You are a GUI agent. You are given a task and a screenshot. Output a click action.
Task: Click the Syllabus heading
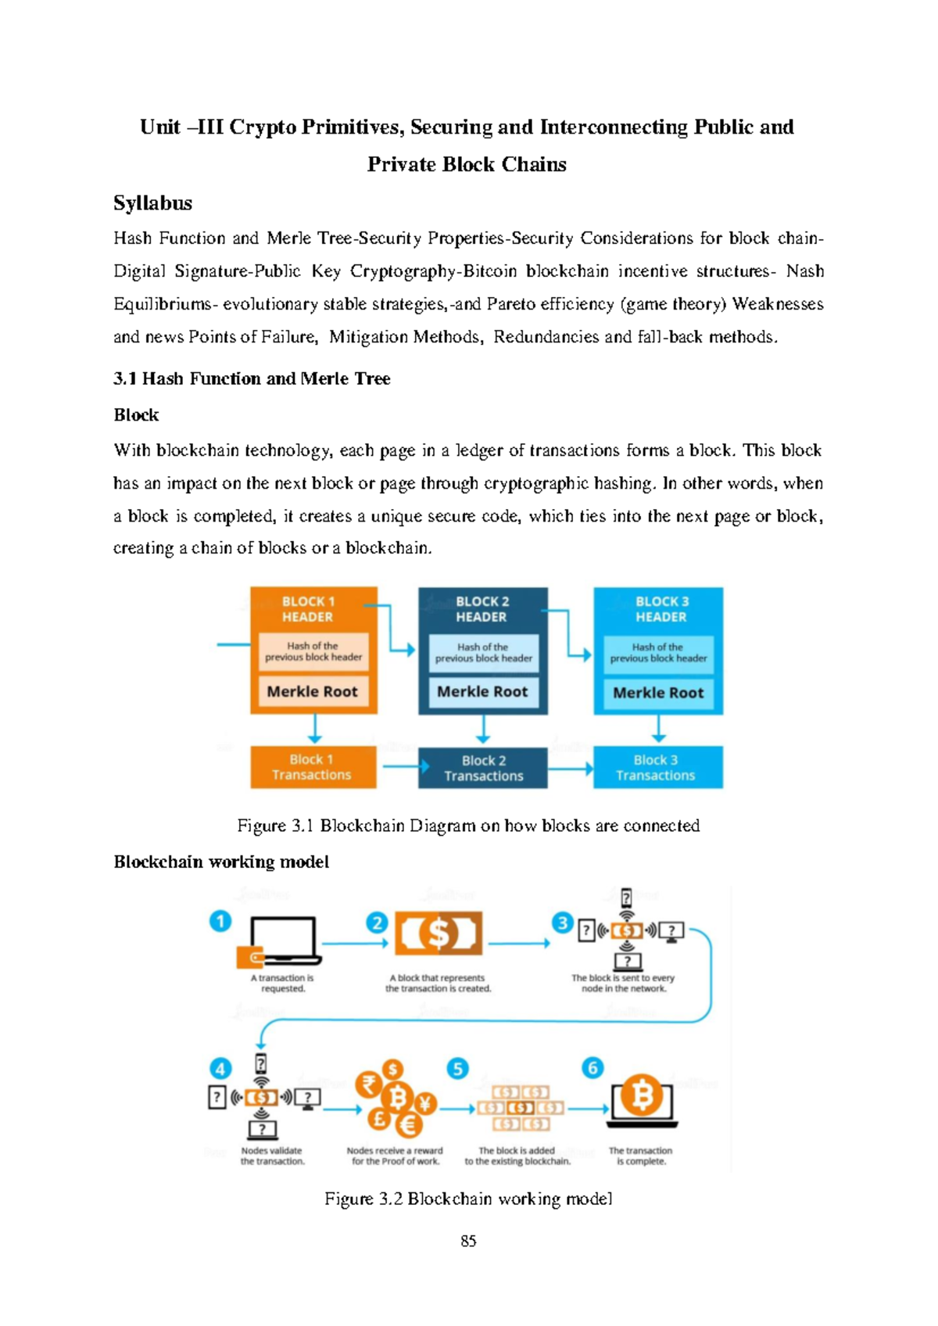point(152,203)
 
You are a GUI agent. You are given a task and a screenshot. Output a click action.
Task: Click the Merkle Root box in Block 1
point(313,692)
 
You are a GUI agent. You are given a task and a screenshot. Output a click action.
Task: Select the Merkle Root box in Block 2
point(482,692)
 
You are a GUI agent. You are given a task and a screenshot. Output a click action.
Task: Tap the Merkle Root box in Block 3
point(658,693)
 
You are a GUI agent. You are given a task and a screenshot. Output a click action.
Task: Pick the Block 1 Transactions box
point(312,767)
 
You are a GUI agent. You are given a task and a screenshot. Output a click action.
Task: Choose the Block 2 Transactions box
point(483,769)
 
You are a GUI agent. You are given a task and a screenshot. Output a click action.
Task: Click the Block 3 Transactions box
point(657,768)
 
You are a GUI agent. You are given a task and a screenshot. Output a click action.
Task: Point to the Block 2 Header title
point(482,609)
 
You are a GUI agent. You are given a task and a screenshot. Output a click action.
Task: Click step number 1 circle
point(220,921)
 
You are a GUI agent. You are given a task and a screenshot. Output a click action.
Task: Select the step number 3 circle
point(562,923)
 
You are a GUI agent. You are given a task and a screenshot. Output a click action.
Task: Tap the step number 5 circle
point(457,1068)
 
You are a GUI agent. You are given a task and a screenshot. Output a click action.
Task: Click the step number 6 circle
point(593,1068)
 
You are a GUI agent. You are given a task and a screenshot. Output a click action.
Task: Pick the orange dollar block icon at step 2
point(439,934)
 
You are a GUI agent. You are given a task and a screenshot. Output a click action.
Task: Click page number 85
point(468,1241)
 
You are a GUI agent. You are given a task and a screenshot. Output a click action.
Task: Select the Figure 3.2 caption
point(468,1199)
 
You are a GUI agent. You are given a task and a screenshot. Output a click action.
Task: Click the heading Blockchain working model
point(221,862)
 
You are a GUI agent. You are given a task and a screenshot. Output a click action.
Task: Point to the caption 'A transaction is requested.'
point(282,984)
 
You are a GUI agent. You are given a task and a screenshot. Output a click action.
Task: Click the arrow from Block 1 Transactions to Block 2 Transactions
point(399,766)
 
